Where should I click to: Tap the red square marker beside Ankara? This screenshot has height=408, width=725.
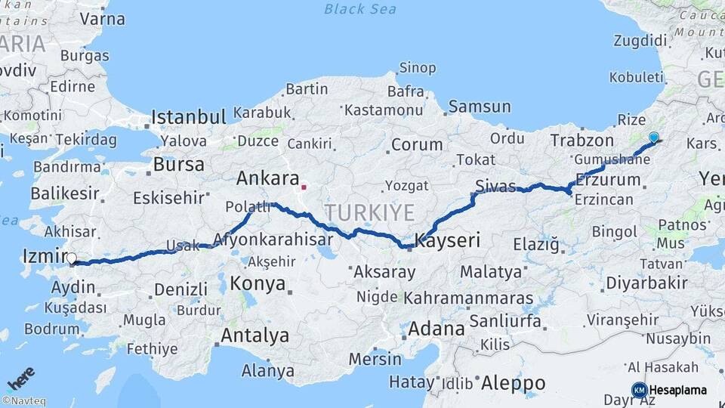304,187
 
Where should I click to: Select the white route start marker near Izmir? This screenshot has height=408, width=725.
72,258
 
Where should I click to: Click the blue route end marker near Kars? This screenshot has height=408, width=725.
653,138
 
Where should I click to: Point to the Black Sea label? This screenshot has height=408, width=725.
359,9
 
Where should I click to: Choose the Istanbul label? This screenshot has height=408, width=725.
189,118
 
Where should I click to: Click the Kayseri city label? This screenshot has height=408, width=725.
448,241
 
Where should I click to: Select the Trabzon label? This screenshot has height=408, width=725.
582,141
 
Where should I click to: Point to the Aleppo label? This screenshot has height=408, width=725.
513,382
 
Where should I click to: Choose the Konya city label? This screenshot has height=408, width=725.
258,284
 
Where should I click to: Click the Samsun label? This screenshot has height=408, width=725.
480,107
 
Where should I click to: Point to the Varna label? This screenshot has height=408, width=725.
101,18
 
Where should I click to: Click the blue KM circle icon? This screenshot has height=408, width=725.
639,390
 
